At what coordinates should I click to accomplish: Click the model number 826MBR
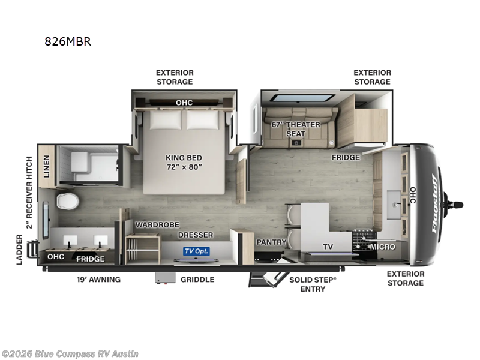[x=67, y=42]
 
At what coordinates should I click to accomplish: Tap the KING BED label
[x=183, y=162]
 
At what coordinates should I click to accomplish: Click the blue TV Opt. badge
[x=196, y=251]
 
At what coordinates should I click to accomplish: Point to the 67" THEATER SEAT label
[x=296, y=129]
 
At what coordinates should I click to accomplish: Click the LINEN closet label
[x=46, y=166]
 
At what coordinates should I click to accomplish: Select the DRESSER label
[x=196, y=235]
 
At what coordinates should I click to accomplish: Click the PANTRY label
[x=269, y=242]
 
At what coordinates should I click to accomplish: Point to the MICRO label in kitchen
[x=382, y=247]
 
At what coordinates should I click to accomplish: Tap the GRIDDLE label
[x=197, y=280]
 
